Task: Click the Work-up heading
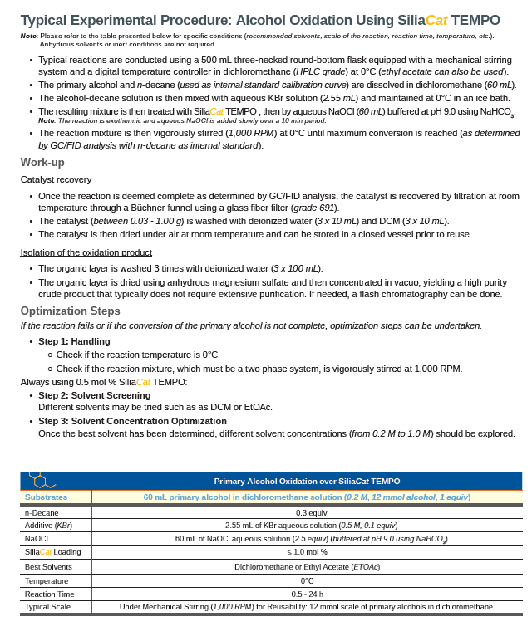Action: coord(42,162)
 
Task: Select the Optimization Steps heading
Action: coord(70,311)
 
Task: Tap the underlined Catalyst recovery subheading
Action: coord(56,179)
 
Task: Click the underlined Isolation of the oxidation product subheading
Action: coord(86,252)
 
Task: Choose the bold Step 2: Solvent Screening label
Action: coord(95,395)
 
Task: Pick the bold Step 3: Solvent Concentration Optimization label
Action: coord(132,421)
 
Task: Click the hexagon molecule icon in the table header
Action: coord(40,480)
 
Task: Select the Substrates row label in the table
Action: coord(46,497)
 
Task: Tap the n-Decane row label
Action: coord(41,512)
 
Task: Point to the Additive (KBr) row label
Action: coord(48,526)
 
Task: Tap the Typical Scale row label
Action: coord(47,606)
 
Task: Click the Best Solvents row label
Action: coord(48,566)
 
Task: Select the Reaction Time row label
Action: coord(49,594)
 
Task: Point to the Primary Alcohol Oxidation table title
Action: coord(307,481)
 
